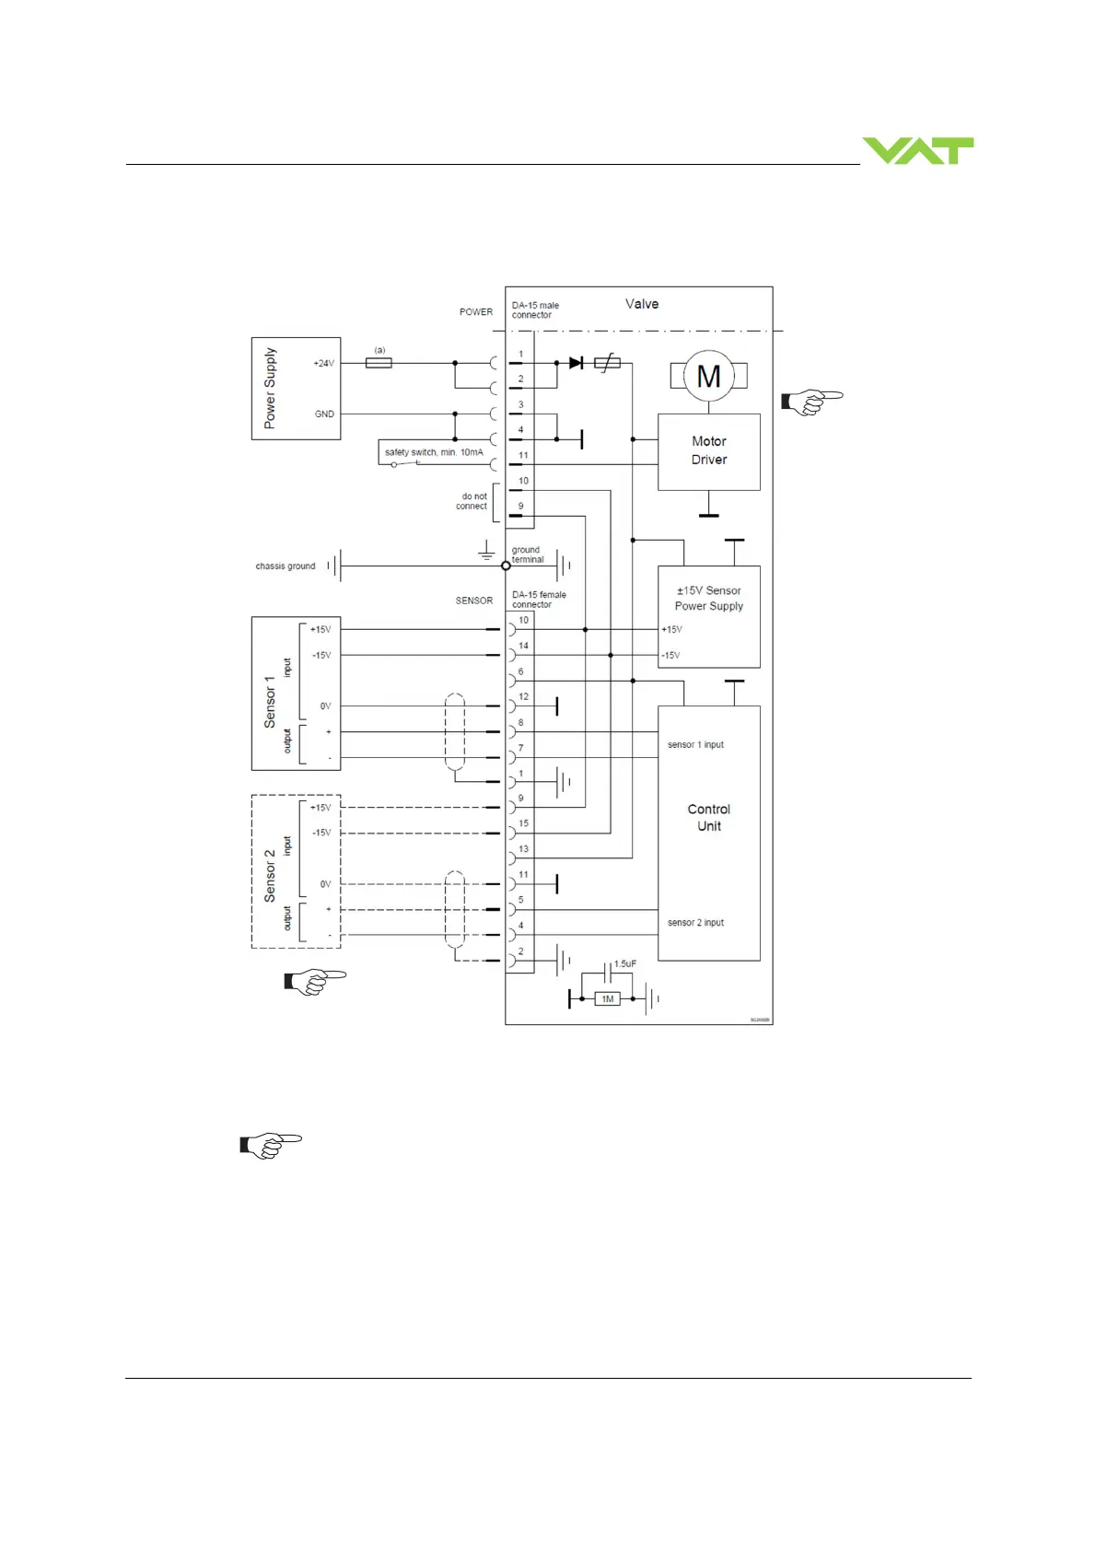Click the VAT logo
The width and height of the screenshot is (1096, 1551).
[x=917, y=150]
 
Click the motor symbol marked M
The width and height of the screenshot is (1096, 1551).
[x=708, y=376]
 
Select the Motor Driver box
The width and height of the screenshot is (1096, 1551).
[x=708, y=450]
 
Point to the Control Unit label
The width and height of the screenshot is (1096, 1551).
[x=708, y=817]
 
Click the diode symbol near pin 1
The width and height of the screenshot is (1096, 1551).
[x=576, y=363]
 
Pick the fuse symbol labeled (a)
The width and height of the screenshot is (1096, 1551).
[x=379, y=363]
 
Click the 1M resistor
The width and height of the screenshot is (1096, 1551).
[x=607, y=998]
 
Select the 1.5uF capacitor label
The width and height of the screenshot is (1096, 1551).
[x=624, y=963]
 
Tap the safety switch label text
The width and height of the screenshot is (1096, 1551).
[x=433, y=452]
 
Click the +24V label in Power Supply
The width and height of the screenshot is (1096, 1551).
[x=323, y=363]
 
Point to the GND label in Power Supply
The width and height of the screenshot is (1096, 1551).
[x=324, y=414]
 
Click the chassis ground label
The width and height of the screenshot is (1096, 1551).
[x=285, y=566]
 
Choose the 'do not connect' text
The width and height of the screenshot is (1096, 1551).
[x=473, y=501]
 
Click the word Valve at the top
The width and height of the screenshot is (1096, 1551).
[x=642, y=304]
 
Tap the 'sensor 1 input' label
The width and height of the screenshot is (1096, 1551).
[x=695, y=744]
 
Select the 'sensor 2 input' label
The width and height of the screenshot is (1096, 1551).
[x=695, y=922]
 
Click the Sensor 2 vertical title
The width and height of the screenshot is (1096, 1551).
[x=270, y=875]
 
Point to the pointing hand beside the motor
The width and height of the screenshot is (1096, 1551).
[x=811, y=402]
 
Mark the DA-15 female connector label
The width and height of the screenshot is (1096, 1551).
[x=539, y=600]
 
